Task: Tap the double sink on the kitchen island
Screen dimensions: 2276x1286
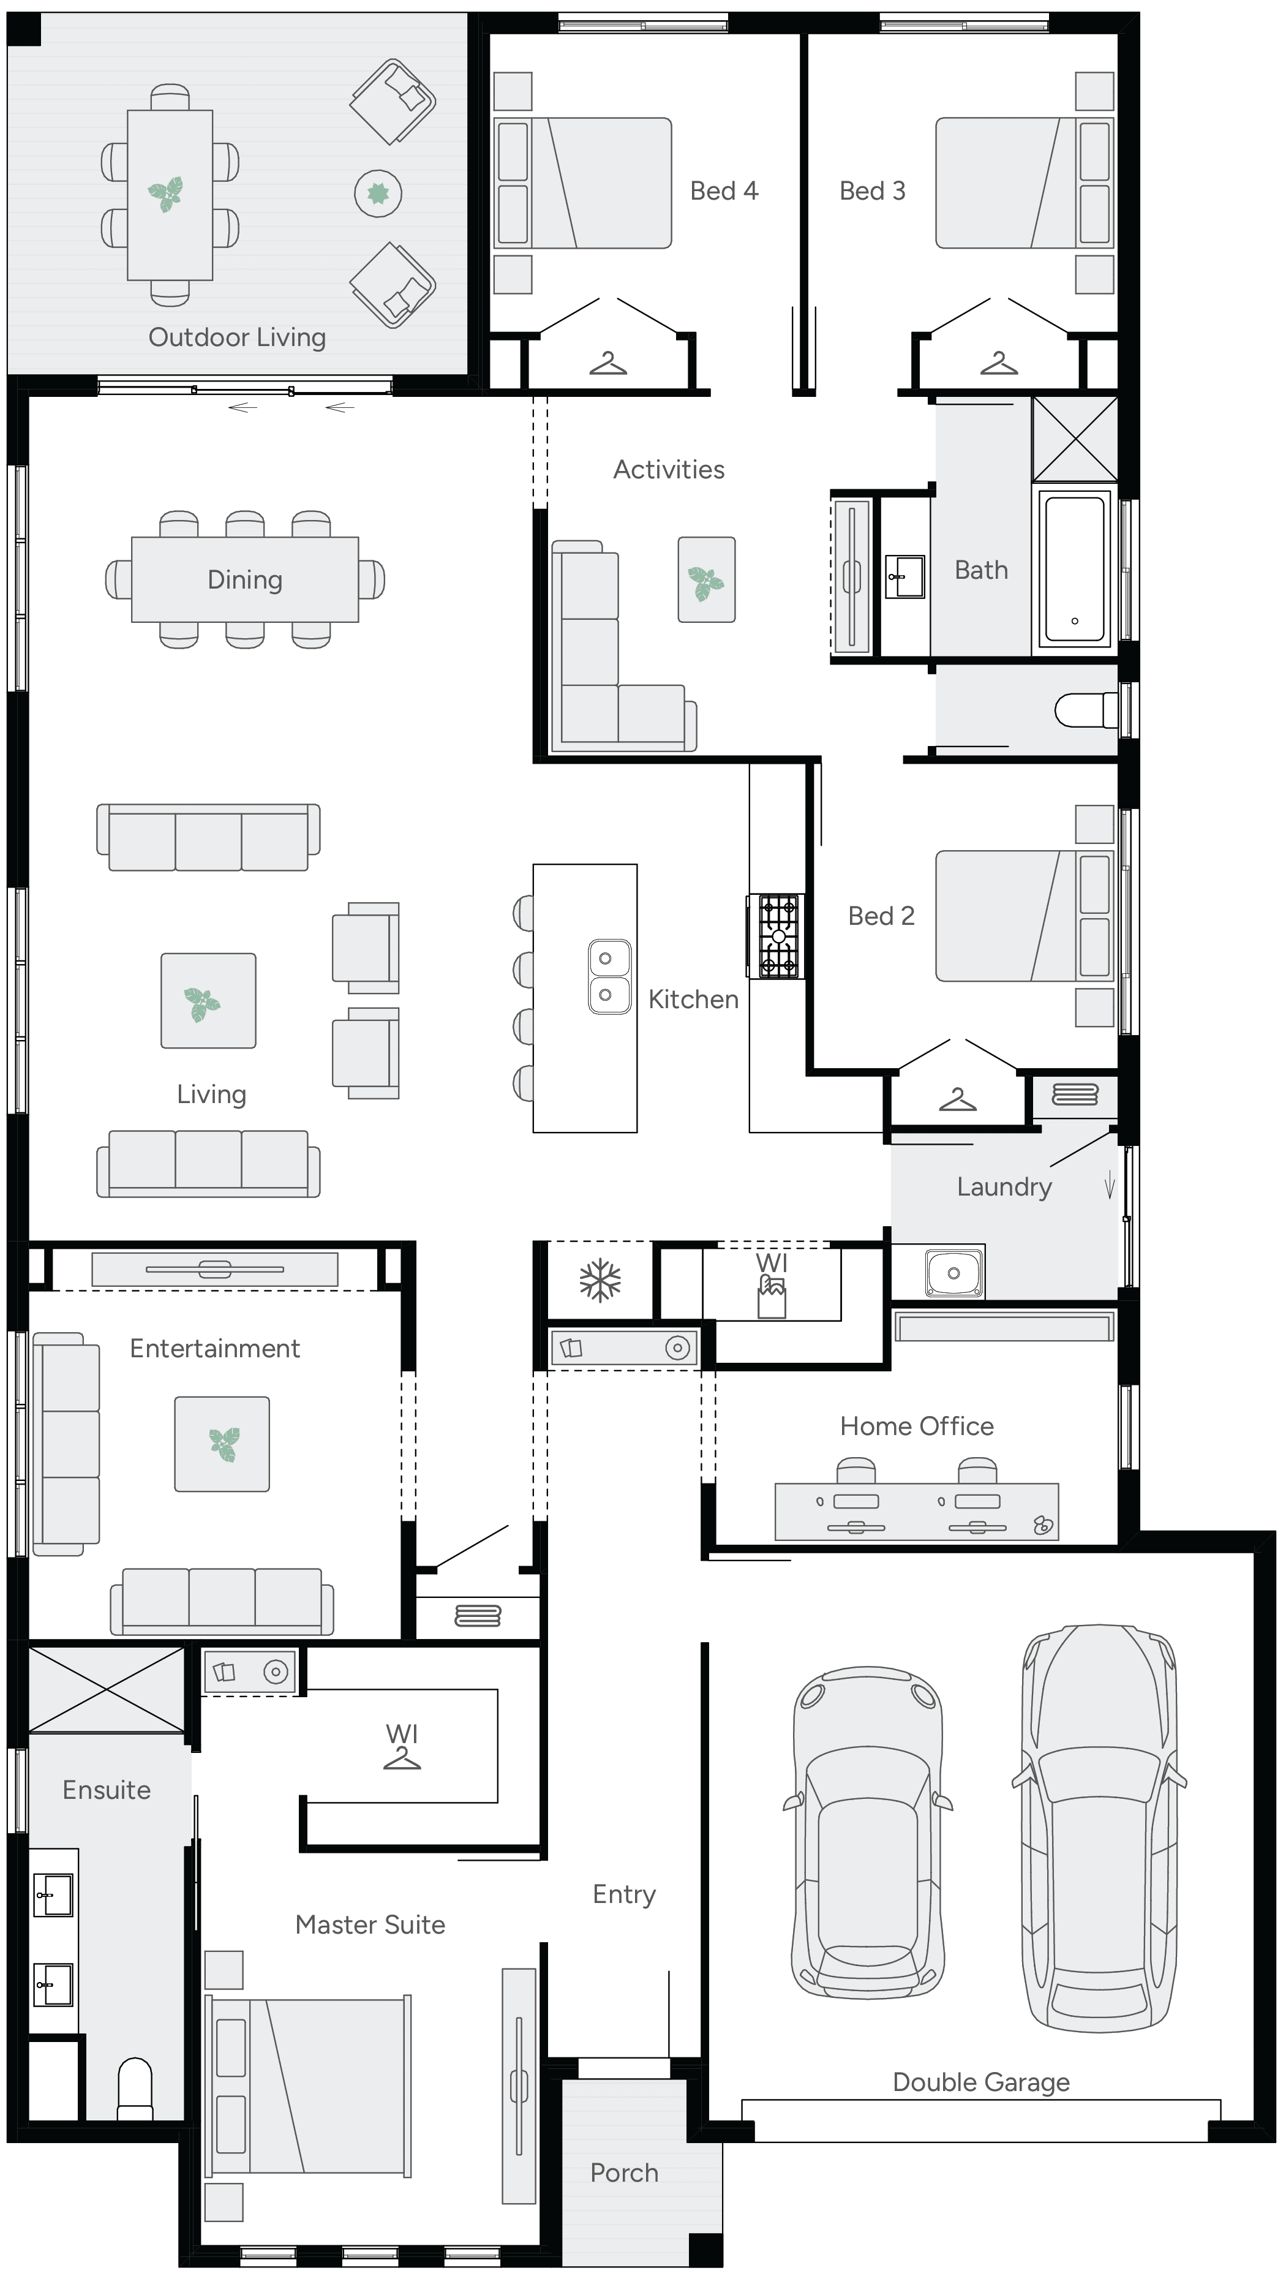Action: coord(609,976)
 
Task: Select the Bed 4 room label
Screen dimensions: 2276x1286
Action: coord(723,191)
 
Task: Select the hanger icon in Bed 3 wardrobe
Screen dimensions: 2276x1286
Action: coord(999,363)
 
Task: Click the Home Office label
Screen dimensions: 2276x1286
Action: coord(916,1426)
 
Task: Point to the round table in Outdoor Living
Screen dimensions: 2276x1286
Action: coord(378,194)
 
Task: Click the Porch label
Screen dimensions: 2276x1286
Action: coord(623,2172)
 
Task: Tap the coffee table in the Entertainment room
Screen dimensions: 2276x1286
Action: coord(222,1444)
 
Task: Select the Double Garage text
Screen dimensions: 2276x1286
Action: coord(980,2082)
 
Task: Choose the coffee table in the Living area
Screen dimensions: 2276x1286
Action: coord(208,1001)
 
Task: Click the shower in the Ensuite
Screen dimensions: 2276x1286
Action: coord(106,1689)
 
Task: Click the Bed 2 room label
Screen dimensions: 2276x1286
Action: coord(881,916)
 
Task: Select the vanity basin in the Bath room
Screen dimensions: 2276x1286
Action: coord(905,577)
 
